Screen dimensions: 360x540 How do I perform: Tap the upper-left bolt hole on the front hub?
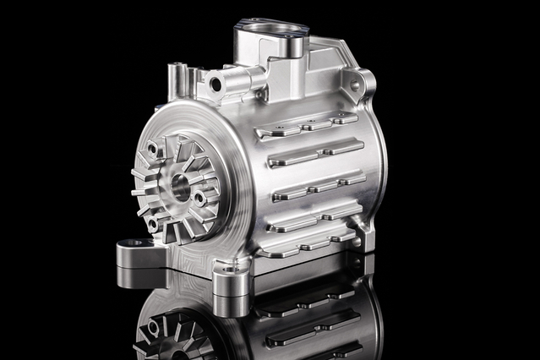pos(153,150)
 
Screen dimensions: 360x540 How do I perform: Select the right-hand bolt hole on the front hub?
pos(199,199)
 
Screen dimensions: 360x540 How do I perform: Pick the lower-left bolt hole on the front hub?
pos(152,222)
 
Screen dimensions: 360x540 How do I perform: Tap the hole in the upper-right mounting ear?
pos(358,83)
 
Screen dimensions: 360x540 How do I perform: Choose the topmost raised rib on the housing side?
pos(308,126)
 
